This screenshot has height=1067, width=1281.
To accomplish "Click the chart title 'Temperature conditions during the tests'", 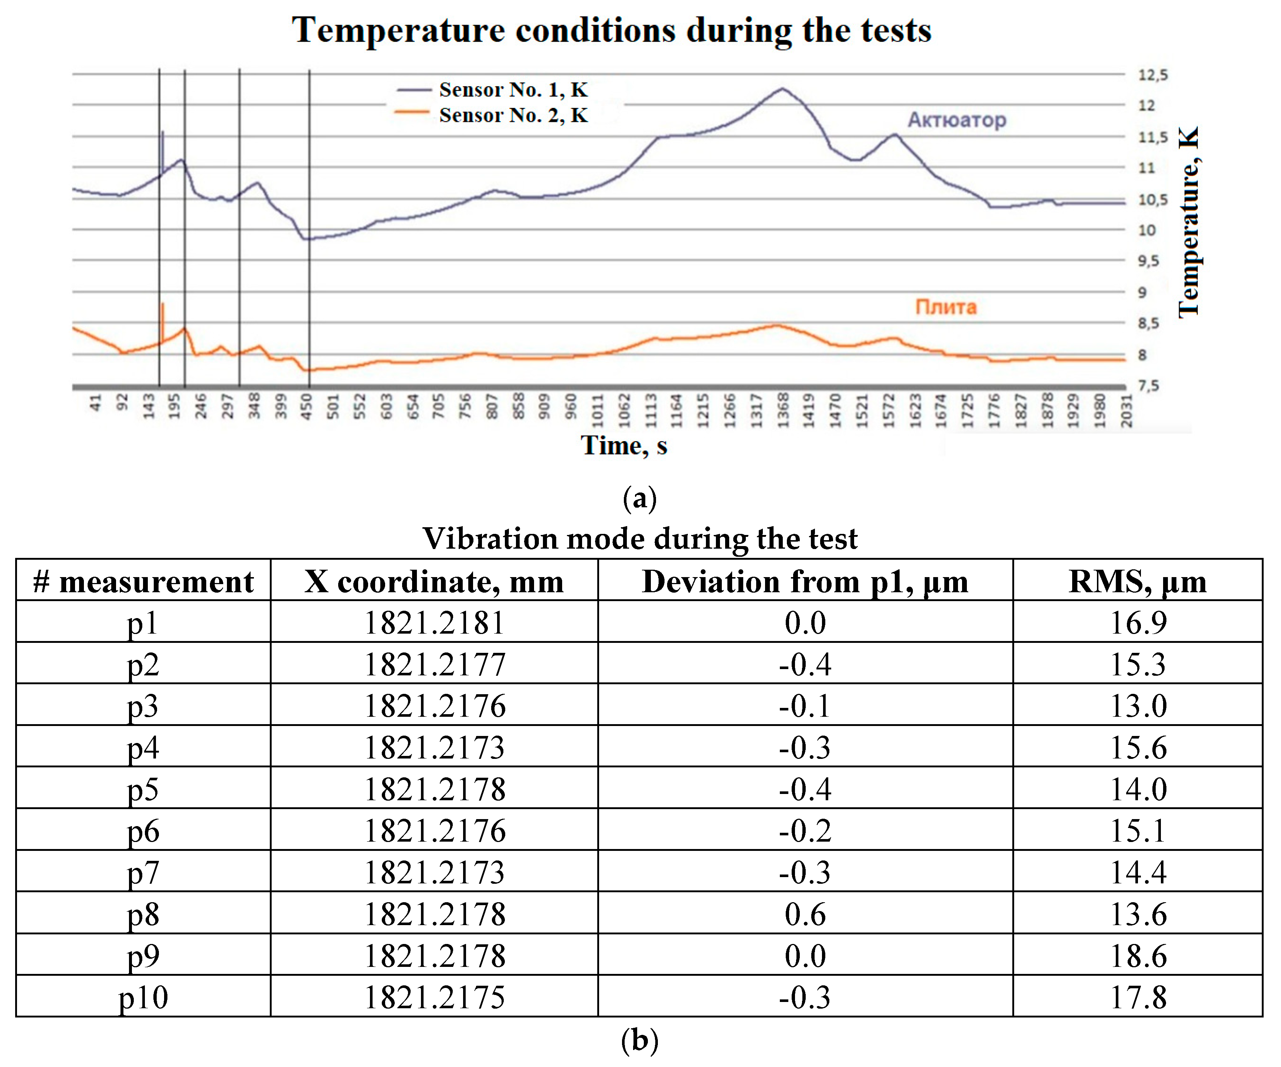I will click(611, 31).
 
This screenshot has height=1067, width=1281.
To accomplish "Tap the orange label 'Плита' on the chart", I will click(945, 307).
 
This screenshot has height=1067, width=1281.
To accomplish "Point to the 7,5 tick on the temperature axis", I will click(1148, 386).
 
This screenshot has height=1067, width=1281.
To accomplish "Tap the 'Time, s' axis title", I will click(623, 446).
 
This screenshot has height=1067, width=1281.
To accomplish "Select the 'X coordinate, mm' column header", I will click(434, 581).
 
